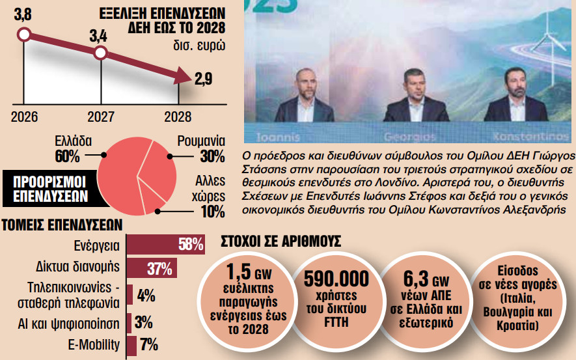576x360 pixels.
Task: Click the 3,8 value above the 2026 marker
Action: [x=23, y=12]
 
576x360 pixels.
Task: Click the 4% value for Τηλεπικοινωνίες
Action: [x=146, y=295]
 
